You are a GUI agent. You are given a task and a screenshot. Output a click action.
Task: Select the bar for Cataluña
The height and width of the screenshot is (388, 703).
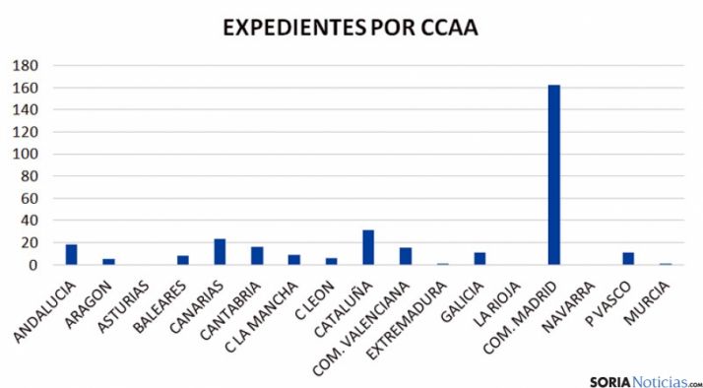[368, 247]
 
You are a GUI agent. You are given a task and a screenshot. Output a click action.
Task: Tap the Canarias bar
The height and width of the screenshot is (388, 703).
[220, 252]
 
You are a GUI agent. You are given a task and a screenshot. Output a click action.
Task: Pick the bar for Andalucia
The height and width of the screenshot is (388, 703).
[72, 254]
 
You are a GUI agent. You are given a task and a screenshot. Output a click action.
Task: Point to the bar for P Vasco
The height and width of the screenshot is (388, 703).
[628, 258]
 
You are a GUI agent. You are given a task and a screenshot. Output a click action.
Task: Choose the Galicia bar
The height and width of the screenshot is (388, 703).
[479, 258]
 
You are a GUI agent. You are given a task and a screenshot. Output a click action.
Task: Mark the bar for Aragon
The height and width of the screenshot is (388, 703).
[108, 262]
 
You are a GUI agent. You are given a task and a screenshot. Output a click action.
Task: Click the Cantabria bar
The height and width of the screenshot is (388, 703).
[257, 255]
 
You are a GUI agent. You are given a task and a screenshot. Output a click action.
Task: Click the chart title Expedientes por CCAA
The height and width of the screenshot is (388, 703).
[351, 28]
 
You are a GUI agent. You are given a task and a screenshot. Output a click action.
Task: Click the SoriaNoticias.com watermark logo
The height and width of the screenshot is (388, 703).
[645, 380]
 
